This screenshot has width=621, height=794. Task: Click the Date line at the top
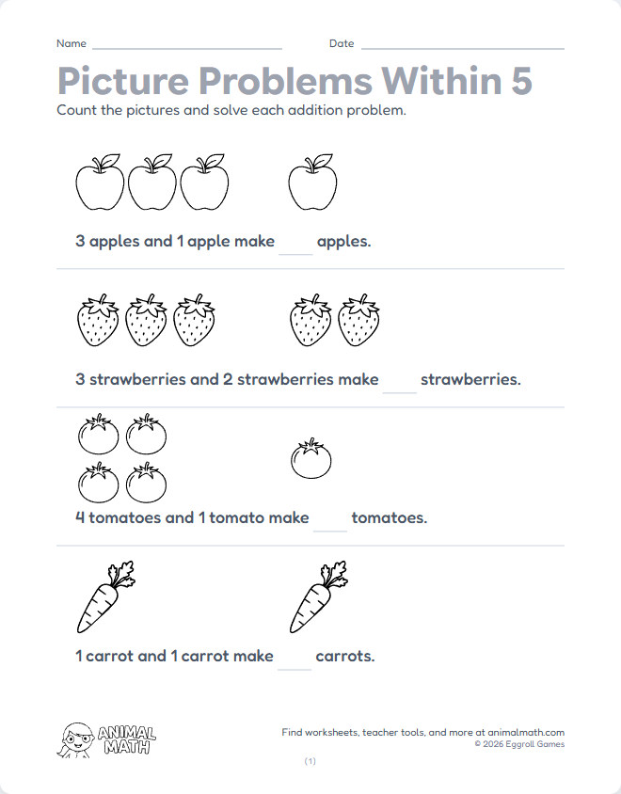pos(462,46)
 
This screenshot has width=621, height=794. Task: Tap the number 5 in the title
pos(520,81)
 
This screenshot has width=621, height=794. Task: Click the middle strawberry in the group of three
pos(146,321)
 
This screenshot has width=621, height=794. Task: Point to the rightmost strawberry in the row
pos(358,321)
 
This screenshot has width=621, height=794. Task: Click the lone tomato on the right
pos(310,458)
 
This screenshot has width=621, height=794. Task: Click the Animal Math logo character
pos(78,740)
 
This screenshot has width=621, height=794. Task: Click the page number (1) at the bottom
pos(310,761)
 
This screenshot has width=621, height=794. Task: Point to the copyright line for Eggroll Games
pos(519,744)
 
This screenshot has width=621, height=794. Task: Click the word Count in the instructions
pos(77,110)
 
